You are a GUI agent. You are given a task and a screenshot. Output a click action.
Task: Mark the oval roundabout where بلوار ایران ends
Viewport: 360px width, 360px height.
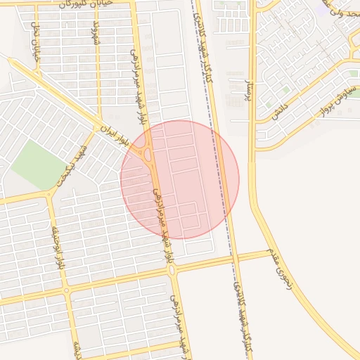point(148,153)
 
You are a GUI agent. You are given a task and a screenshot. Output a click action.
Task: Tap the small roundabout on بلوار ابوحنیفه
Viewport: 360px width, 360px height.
point(67,290)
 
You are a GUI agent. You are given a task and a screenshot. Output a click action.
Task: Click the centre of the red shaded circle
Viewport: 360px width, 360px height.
point(179,179)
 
